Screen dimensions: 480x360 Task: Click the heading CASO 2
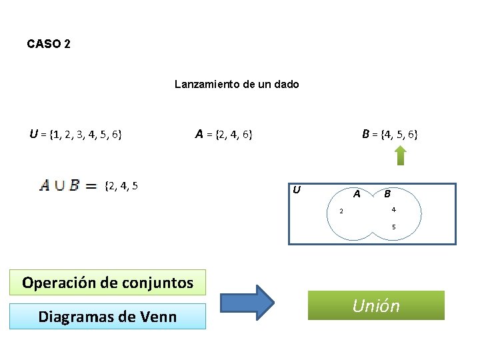click(49, 44)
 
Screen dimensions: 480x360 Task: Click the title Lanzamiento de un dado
click(237, 84)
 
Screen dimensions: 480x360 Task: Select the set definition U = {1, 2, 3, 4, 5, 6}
click(75, 134)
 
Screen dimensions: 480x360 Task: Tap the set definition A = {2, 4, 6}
click(223, 134)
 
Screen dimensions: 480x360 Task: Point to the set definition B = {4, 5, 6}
click(390, 134)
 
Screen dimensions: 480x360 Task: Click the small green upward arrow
click(400, 155)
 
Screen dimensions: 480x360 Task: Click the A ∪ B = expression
click(69, 185)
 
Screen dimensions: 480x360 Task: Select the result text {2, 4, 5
click(122, 185)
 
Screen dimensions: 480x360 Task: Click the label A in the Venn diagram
click(357, 195)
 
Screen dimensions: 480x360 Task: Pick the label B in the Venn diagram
click(387, 195)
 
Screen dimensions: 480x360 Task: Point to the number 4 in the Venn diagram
click(393, 210)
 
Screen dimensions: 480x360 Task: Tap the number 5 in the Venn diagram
click(393, 227)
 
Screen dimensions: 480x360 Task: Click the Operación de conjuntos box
click(107, 283)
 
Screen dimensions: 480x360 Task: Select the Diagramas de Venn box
click(107, 316)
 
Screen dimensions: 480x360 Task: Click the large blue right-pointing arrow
click(247, 303)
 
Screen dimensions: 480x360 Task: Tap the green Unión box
click(376, 305)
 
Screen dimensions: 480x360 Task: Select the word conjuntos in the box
click(155, 283)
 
